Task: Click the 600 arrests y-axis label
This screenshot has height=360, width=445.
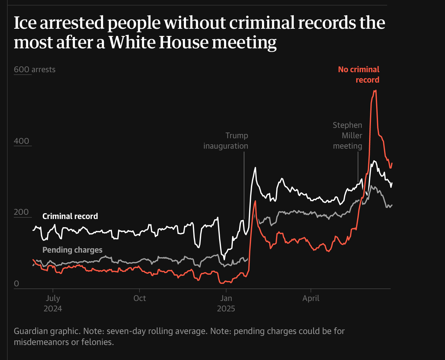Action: pos(35,69)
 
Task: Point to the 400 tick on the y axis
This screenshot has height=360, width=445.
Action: pos(21,141)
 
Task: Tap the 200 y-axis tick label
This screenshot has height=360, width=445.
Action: pos(21,212)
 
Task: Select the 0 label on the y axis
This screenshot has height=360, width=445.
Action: pos(17,284)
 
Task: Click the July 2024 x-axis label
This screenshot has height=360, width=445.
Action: pos(53,303)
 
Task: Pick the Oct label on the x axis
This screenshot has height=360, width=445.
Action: pos(140,298)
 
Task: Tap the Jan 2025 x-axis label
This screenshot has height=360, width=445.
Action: pos(226,303)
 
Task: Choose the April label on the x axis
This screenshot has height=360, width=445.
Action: pos(311,298)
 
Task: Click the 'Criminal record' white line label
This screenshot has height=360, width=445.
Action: pos(70,216)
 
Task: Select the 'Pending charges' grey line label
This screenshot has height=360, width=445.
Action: pos(72,250)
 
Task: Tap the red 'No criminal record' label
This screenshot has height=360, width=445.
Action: pos(359,75)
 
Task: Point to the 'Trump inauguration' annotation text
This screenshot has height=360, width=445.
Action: pos(226,141)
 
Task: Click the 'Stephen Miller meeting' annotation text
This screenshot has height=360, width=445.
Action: pos(348,135)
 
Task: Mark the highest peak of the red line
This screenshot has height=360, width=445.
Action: pos(375,91)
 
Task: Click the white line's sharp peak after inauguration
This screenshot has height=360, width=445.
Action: pos(255,168)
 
